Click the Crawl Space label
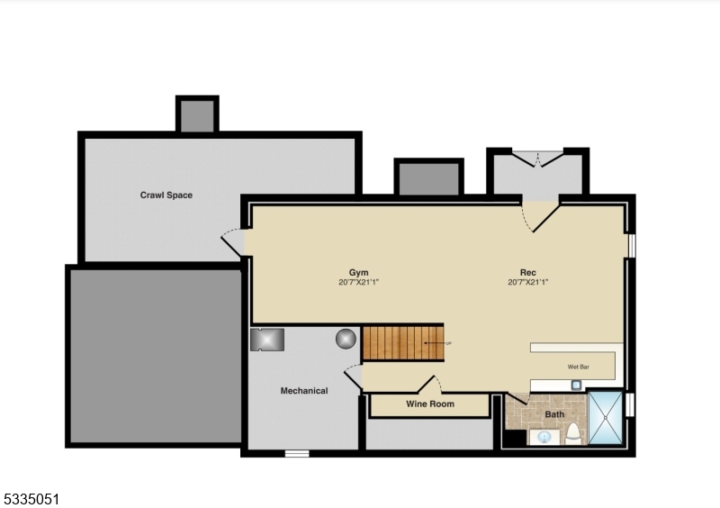point(166,195)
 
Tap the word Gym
point(359,272)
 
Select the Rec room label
point(527,272)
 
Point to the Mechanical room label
point(303,391)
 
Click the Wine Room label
point(429,404)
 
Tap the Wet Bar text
point(579,367)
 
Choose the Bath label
point(555,414)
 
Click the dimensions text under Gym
point(359,282)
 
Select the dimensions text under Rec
point(527,282)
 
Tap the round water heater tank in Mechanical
point(346,339)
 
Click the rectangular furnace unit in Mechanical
point(268,339)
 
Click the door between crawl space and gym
point(233,242)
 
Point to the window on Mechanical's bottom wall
point(297,453)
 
